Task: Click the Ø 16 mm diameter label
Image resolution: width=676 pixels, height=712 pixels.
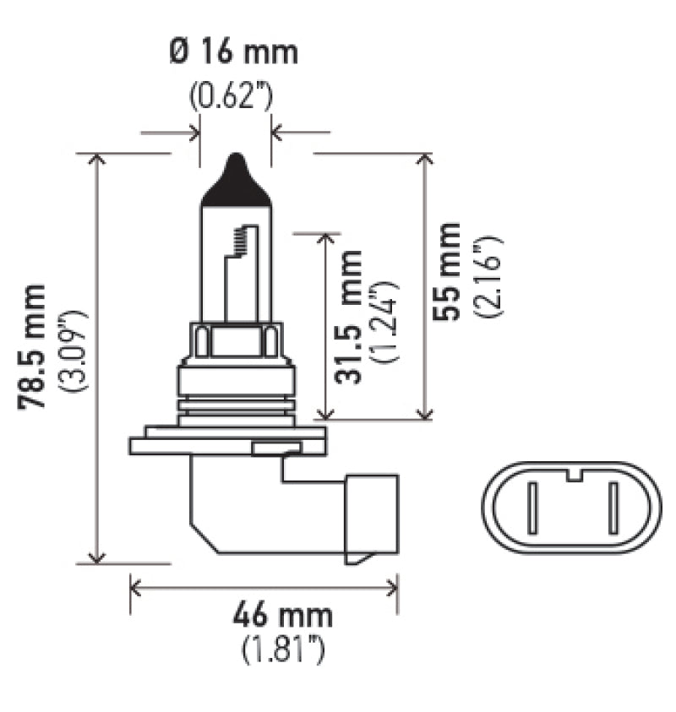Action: (x=234, y=53)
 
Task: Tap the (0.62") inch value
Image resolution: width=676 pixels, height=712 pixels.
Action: (x=231, y=96)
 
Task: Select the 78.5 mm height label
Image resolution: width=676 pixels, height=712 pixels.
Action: (x=34, y=347)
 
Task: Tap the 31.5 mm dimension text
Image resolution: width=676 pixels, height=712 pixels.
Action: (x=348, y=316)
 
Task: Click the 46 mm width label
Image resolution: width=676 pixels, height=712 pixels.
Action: (x=282, y=615)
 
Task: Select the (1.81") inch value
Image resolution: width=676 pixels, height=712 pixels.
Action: (x=283, y=651)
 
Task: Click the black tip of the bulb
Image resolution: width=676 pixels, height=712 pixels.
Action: (x=236, y=180)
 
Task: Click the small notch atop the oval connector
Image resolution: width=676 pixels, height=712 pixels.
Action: (x=574, y=476)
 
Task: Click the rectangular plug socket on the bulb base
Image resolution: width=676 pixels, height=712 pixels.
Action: (x=370, y=517)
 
